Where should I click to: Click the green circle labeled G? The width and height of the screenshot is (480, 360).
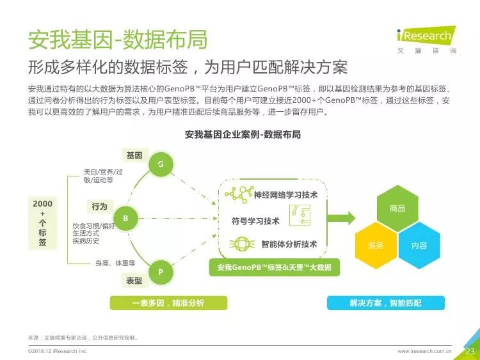click(161, 164)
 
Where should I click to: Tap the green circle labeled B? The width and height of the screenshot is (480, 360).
click(125, 219)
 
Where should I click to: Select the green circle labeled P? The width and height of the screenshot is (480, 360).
click(161, 272)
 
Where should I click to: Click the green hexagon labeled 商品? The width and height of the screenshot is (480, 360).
click(397, 208)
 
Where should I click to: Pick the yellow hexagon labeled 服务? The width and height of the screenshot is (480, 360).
click(376, 246)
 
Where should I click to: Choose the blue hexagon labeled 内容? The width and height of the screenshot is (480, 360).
click(419, 246)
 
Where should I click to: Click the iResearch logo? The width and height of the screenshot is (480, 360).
click(426, 40)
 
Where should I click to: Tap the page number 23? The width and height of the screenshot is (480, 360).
click(470, 351)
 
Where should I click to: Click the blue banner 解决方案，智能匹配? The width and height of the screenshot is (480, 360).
click(386, 303)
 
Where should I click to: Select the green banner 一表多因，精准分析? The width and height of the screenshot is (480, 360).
click(168, 303)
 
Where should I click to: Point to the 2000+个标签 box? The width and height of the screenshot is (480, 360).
click(42, 223)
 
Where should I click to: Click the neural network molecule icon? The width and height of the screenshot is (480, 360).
click(239, 194)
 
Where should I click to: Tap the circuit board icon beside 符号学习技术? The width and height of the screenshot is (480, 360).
click(300, 215)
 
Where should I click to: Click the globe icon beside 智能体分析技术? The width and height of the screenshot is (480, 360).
click(242, 244)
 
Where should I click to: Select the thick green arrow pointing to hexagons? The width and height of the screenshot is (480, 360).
click(341, 218)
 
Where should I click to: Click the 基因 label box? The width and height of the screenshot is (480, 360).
click(135, 155)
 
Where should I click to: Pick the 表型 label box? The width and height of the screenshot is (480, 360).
click(134, 280)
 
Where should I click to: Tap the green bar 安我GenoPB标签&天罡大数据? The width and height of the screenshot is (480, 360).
click(275, 267)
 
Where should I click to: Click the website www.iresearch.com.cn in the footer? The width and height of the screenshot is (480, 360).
click(424, 351)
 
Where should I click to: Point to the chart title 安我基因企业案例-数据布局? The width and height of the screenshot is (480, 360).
click(243, 134)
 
